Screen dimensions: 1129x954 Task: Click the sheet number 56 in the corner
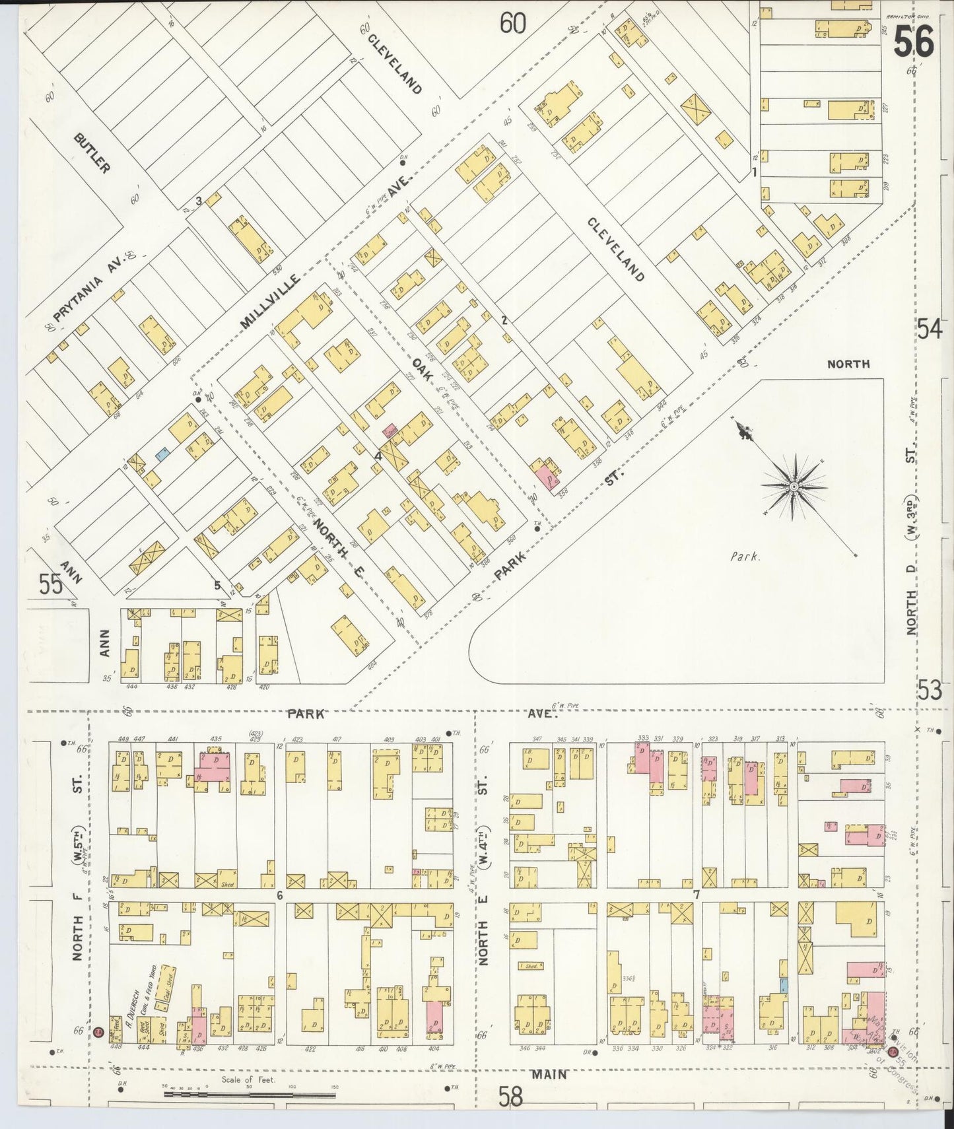click(x=914, y=42)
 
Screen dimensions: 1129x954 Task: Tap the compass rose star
click(x=793, y=487)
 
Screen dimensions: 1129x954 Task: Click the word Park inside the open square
click(x=745, y=556)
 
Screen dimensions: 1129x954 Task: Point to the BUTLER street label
click(x=92, y=153)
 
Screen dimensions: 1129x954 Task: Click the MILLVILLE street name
click(x=269, y=302)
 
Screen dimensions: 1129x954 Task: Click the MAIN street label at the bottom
click(x=549, y=1074)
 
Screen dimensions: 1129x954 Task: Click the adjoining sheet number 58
click(x=510, y=1097)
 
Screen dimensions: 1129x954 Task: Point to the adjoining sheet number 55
click(x=50, y=584)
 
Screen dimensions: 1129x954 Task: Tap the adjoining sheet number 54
click(x=929, y=328)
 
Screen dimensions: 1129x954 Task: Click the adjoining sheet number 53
click(x=929, y=691)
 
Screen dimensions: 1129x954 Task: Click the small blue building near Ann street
click(x=161, y=454)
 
